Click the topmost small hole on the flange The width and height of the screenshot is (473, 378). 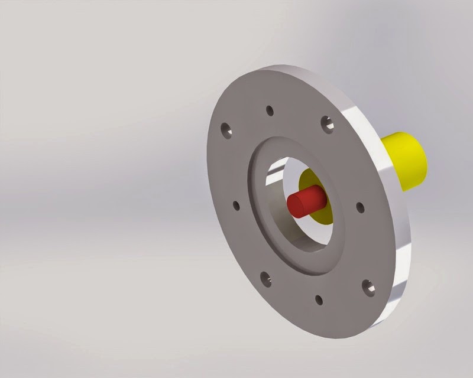coord(270,110)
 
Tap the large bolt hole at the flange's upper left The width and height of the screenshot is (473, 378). coord(225,129)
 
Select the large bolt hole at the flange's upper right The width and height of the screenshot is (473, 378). coord(327,123)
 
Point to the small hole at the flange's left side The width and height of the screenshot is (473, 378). coord(237,206)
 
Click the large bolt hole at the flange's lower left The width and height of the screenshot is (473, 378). coord(266,278)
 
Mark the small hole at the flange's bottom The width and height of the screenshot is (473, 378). coord(319,299)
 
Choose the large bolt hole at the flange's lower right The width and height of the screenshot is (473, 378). coord(369,288)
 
